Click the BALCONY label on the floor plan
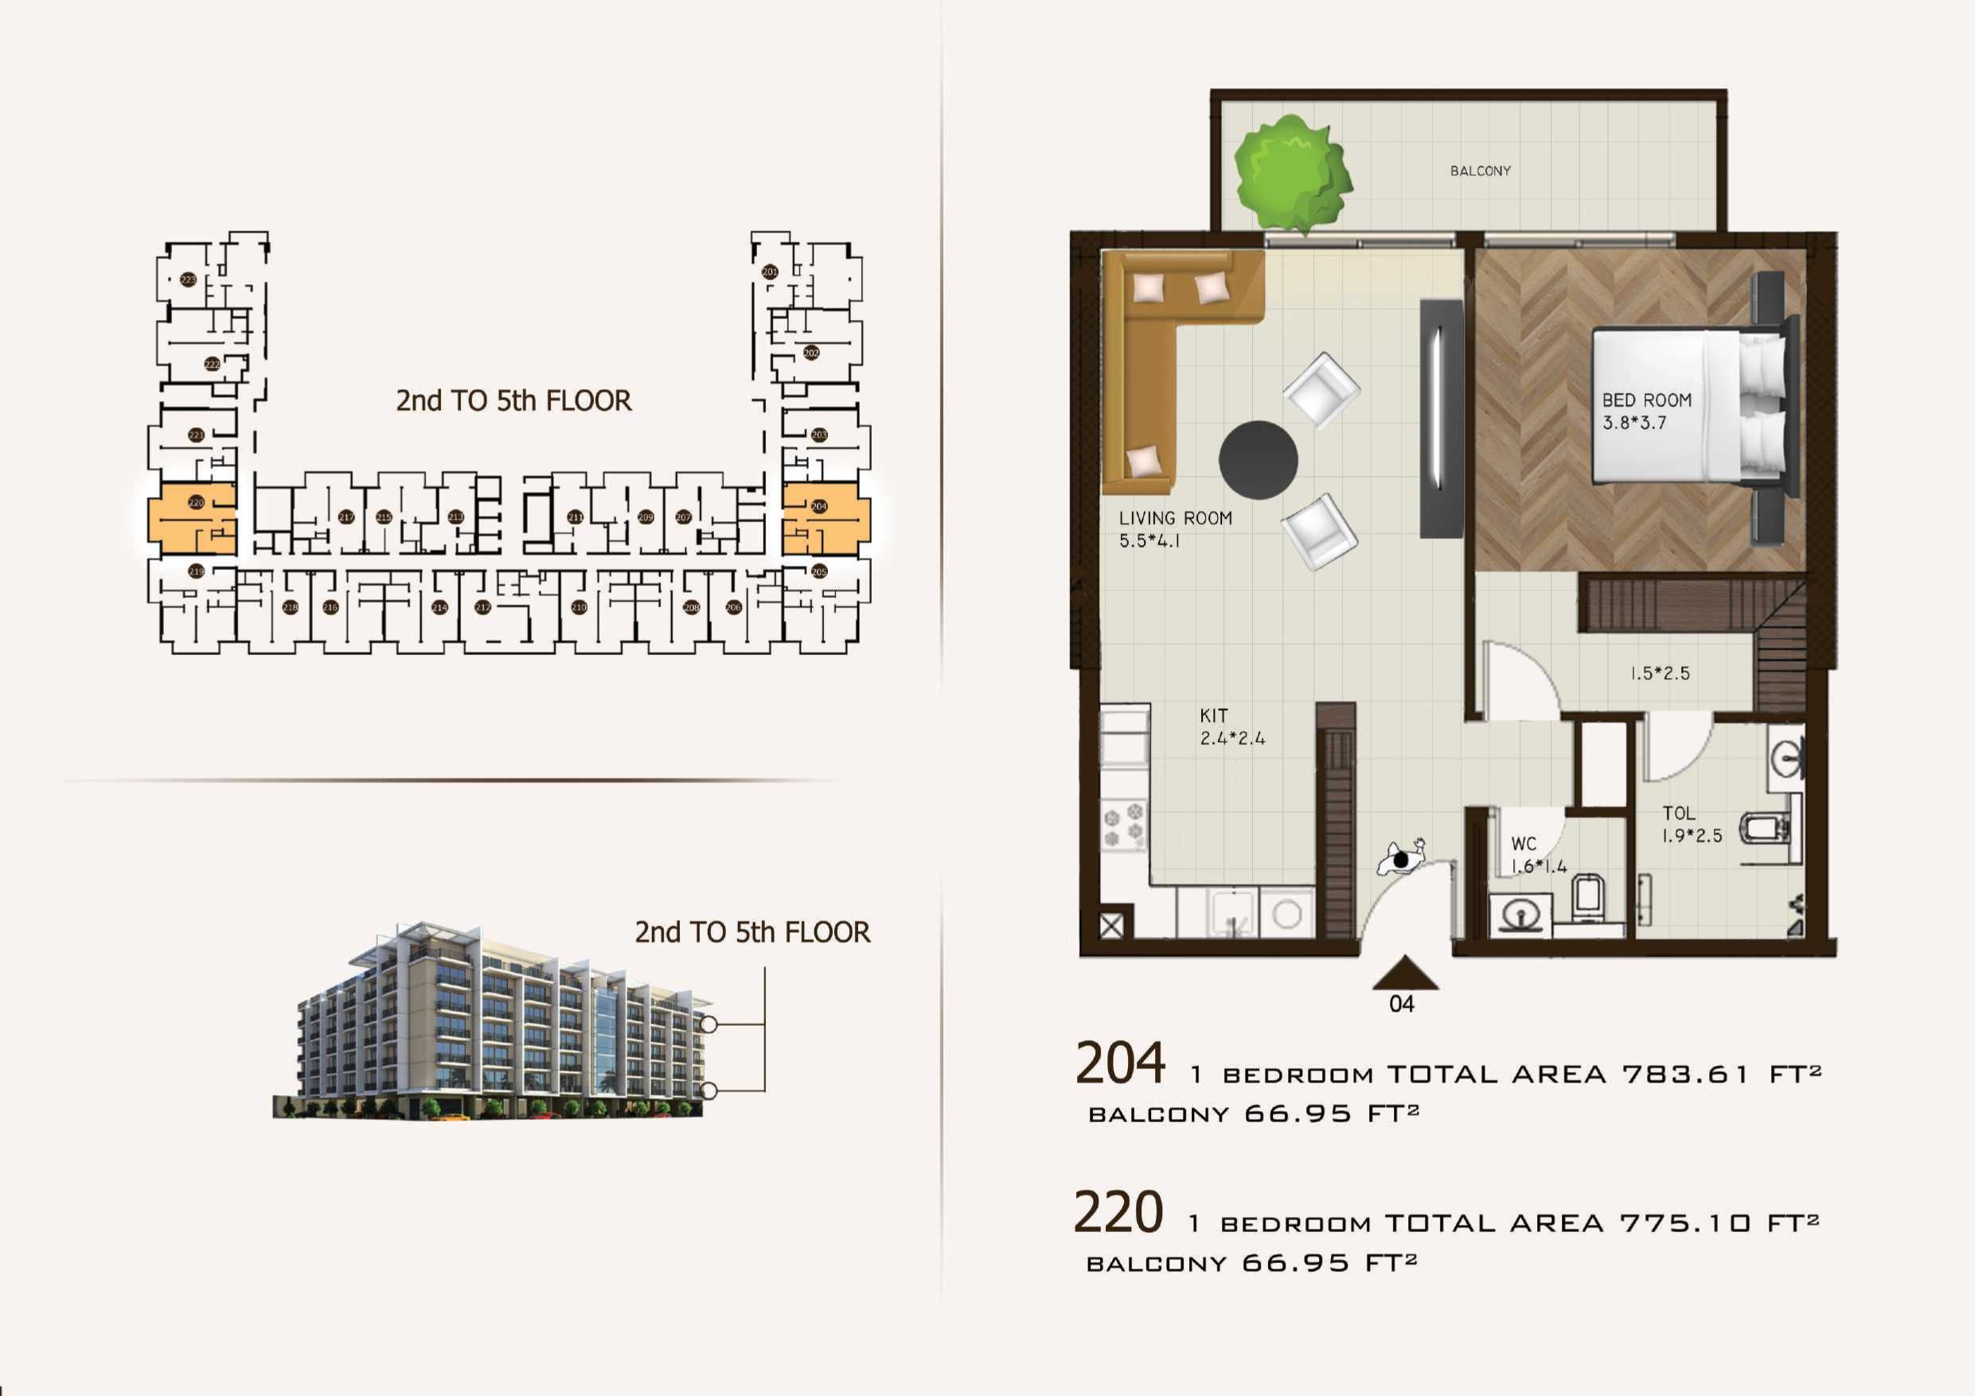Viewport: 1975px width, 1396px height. (x=1480, y=171)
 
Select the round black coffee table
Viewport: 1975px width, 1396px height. (x=1258, y=459)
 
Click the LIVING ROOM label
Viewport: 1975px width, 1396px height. (x=1175, y=528)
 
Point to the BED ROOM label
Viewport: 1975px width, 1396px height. (x=1645, y=411)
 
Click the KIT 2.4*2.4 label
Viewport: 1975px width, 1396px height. (x=1231, y=727)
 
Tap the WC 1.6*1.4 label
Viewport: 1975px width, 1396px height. (x=1538, y=854)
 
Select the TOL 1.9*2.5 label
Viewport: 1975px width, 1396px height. (x=1691, y=823)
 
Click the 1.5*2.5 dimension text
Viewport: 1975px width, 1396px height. (x=1659, y=673)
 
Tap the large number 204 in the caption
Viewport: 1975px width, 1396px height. (x=1120, y=1063)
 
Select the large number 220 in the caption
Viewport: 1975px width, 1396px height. (x=1118, y=1212)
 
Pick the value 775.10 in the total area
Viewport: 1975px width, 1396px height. (x=1684, y=1223)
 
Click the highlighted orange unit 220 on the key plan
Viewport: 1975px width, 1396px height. (x=192, y=519)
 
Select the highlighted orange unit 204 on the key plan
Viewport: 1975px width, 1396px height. (x=825, y=519)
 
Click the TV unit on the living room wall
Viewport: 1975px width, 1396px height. (x=1441, y=418)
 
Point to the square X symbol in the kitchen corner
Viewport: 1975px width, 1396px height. (x=1111, y=926)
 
